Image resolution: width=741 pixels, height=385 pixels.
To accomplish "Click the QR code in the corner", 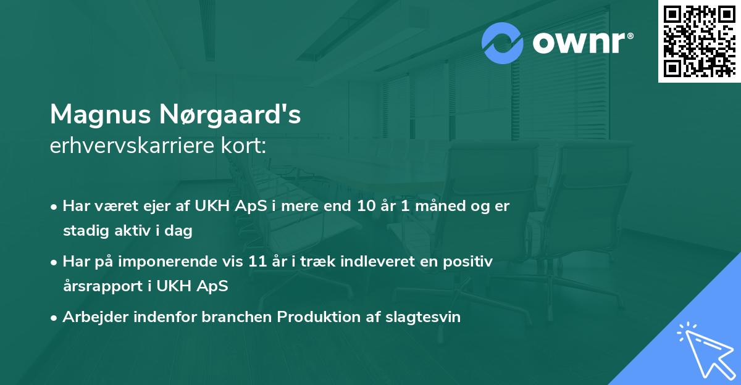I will coord(699,41).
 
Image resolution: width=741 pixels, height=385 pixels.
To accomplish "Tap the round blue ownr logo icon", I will coord(503,43).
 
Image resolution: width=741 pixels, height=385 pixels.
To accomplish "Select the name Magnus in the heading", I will coord(100,114).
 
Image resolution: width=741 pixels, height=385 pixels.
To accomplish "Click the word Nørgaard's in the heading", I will coord(228,114).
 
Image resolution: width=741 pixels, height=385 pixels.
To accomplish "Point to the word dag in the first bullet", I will coord(181,231).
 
